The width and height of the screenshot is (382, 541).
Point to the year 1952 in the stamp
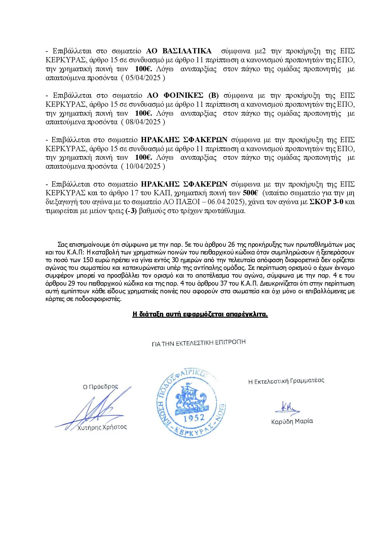[193, 418]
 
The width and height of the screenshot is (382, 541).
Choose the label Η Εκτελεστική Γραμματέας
[286, 381]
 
